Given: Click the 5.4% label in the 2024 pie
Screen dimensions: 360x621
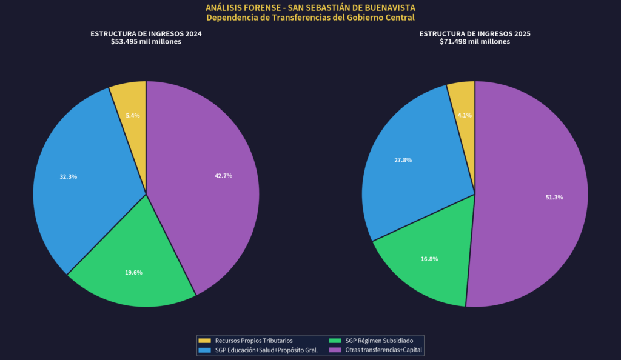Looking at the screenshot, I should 133,115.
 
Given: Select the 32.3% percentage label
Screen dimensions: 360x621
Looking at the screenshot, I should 68,176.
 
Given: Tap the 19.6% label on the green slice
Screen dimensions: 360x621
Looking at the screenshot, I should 133,273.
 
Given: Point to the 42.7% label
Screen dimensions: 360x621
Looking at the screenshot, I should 223,176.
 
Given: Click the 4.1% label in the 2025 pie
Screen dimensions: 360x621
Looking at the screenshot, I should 465,115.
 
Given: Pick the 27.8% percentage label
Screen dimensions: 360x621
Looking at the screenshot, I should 403,160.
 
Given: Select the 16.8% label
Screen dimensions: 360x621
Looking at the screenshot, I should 429,259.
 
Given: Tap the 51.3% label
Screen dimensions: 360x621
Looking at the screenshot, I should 554,198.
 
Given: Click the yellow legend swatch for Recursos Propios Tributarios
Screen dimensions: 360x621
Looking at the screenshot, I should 204,341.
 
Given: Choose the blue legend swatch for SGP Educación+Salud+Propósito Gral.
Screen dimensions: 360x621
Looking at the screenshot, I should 204,350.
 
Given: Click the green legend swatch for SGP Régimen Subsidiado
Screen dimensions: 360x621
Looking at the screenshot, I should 335,341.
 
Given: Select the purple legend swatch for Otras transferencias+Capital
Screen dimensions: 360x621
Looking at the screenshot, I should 335,350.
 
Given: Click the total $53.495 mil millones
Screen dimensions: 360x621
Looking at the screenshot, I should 146,42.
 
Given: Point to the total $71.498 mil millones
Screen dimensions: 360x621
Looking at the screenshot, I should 475,42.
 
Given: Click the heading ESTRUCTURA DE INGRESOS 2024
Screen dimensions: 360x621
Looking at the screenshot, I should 146,34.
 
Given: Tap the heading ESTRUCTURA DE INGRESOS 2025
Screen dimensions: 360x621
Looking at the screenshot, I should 475,34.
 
